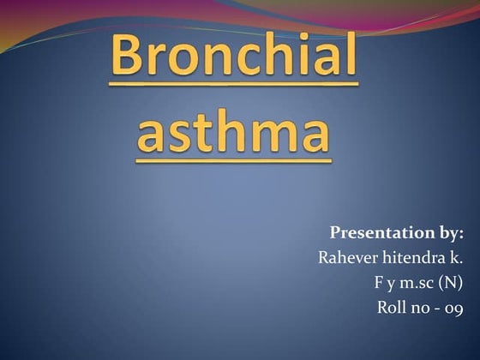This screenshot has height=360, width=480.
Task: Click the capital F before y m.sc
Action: (377, 282)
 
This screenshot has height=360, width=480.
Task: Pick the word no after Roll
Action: (420, 308)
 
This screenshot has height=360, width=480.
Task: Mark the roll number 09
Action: (454, 308)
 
